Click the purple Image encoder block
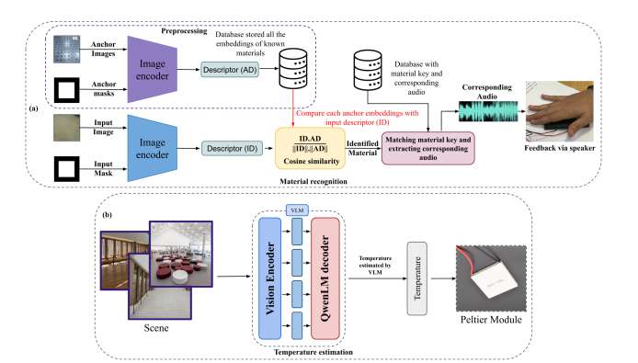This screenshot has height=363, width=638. click(x=153, y=70)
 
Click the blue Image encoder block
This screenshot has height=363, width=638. click(x=153, y=148)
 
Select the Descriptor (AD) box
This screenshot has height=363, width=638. click(x=230, y=70)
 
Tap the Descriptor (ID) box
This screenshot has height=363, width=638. click(x=232, y=149)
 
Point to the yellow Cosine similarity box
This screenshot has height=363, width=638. click(x=311, y=148)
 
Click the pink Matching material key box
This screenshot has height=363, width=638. click(x=428, y=148)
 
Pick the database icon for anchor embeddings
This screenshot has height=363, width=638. click(x=293, y=68)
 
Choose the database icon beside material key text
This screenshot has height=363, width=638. click(x=368, y=70)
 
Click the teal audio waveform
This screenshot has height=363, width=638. click(x=488, y=111)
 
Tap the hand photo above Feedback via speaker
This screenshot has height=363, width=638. click(x=560, y=111)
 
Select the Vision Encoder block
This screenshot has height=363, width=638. click(x=269, y=278)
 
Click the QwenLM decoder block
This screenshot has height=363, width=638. click(x=325, y=278)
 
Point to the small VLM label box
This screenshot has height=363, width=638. click(x=297, y=210)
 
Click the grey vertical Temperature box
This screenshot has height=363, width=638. click(x=417, y=278)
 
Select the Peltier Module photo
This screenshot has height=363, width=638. click(x=491, y=278)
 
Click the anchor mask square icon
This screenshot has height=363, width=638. click(x=67, y=90)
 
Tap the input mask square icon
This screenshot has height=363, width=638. click(x=67, y=169)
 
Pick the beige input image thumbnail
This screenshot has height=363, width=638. click(x=67, y=128)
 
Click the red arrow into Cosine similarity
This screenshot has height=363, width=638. click(x=293, y=108)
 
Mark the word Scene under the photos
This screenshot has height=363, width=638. click(x=156, y=328)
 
